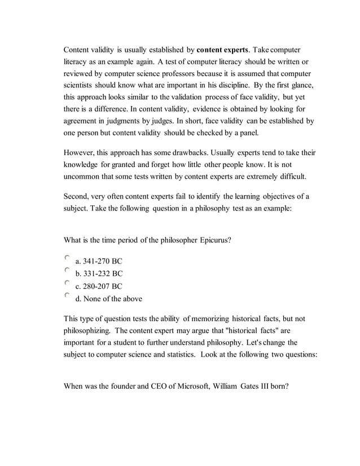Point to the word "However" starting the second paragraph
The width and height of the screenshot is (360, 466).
(x=78, y=153)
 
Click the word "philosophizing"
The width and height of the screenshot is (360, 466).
(x=87, y=330)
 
